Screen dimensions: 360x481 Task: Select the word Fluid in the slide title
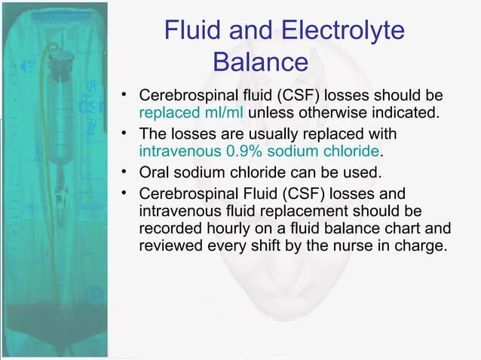(189, 31)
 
